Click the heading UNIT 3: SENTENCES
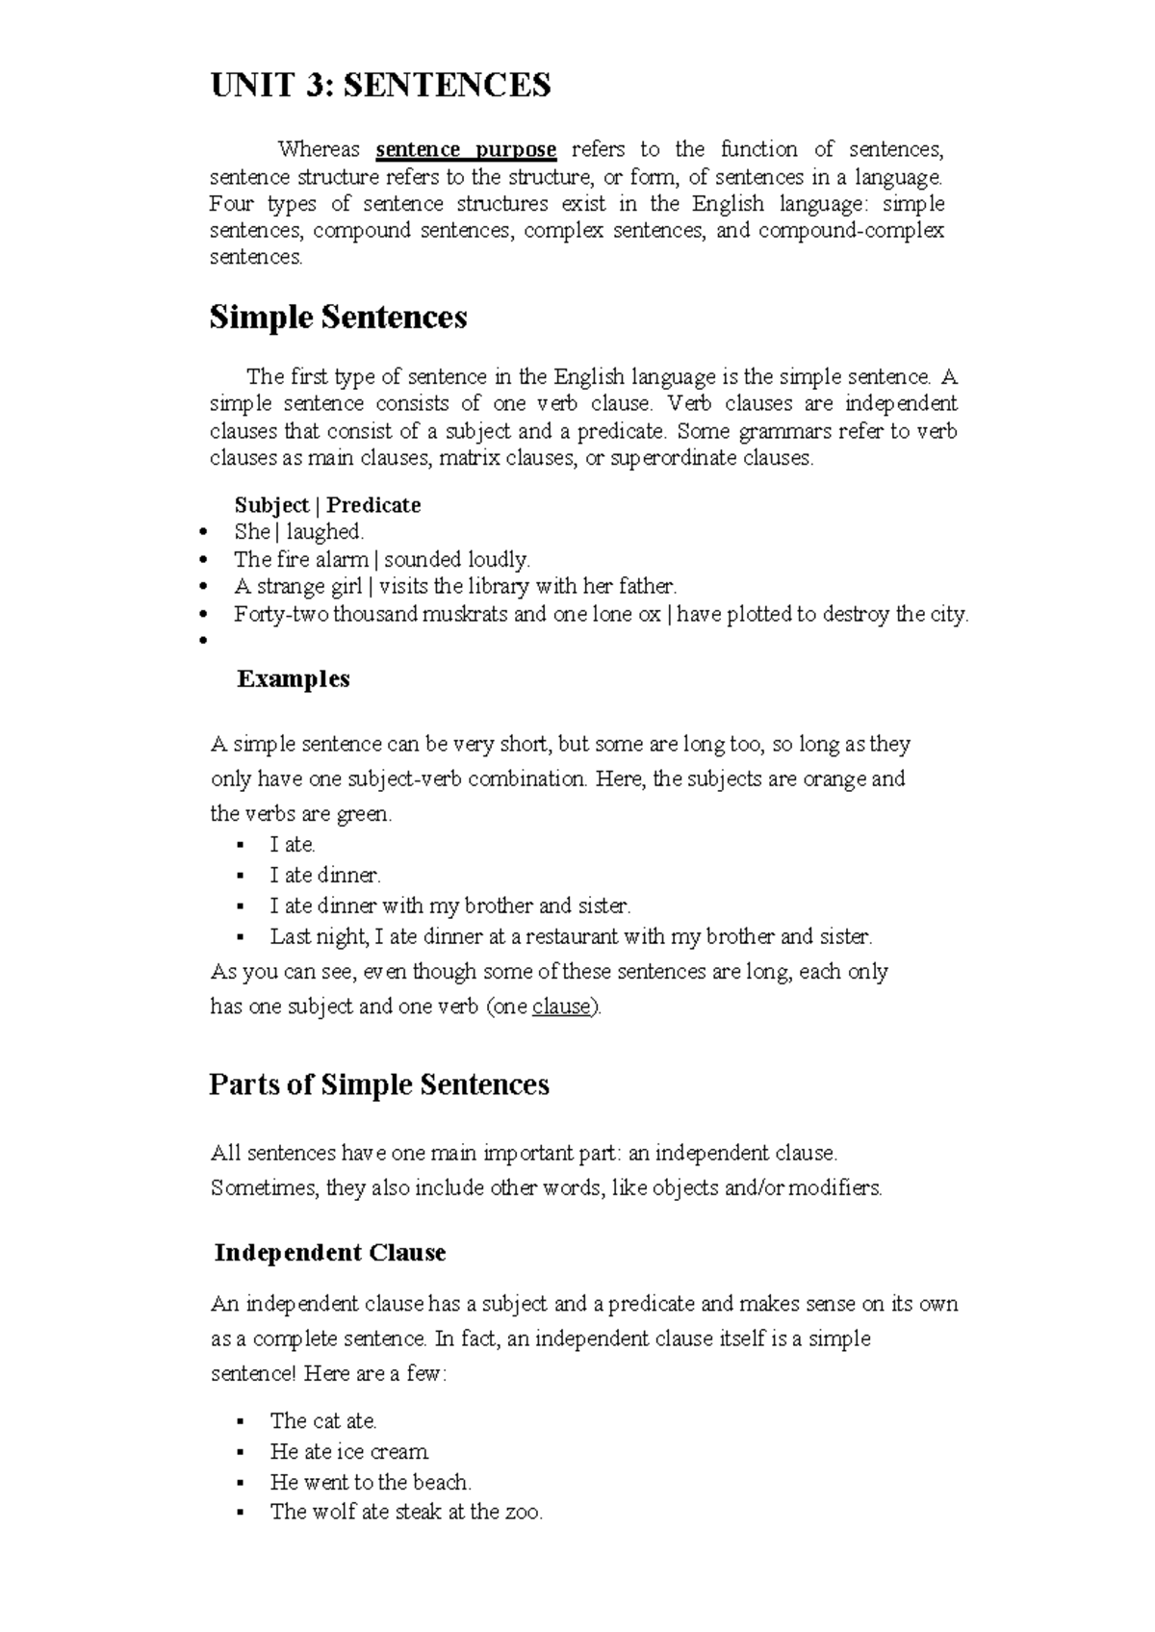[380, 86]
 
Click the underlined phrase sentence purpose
[466, 149]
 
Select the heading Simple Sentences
[338, 317]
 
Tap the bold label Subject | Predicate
[327, 505]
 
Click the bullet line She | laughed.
[298, 531]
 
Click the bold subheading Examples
[293, 678]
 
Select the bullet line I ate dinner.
[325, 875]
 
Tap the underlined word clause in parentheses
[560, 1007]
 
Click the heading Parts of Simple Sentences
[378, 1084]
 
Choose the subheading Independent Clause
[329, 1252]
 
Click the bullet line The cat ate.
[323, 1420]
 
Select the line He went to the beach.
[371, 1482]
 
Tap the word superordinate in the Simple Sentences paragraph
[675, 458]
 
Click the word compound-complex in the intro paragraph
[851, 230]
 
